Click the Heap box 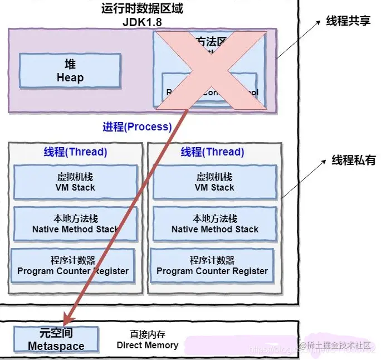tap(70, 71)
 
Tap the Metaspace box tap(56, 339)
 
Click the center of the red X tap(210, 68)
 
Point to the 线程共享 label tap(348, 22)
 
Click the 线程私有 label tap(354, 160)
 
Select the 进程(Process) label tap(137, 127)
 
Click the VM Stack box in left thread tap(75, 182)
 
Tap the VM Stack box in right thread tap(214, 182)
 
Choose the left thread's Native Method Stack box tap(75, 223)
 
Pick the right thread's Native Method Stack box tap(214, 223)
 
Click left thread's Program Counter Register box tap(73, 265)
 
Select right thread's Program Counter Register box tap(212, 265)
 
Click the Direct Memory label tap(148, 339)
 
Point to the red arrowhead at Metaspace tap(66, 322)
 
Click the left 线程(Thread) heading tap(75, 152)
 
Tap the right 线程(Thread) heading tap(213, 152)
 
